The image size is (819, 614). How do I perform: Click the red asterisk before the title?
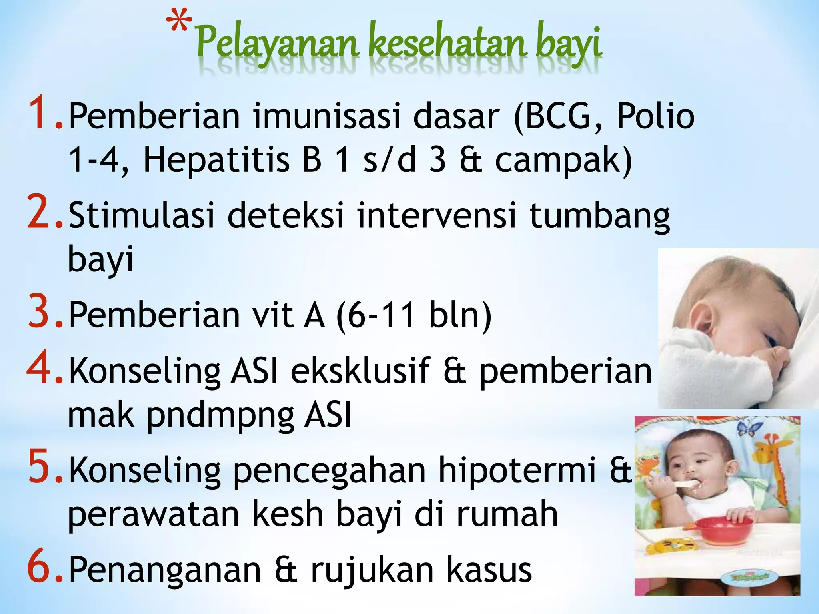[x=179, y=22]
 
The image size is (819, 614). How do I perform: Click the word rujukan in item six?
[x=372, y=570]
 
